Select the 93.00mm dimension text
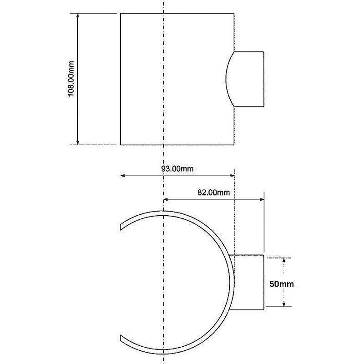[177, 169]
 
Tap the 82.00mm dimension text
[213, 192]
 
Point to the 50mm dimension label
[281, 284]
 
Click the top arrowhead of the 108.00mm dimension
[78, 16]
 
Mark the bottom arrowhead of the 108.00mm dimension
[78, 142]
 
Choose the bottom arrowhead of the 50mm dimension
[284, 304]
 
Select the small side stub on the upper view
[248, 79]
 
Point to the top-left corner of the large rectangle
[121, 13]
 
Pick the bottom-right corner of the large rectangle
[234, 145]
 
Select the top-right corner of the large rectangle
[234, 13]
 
